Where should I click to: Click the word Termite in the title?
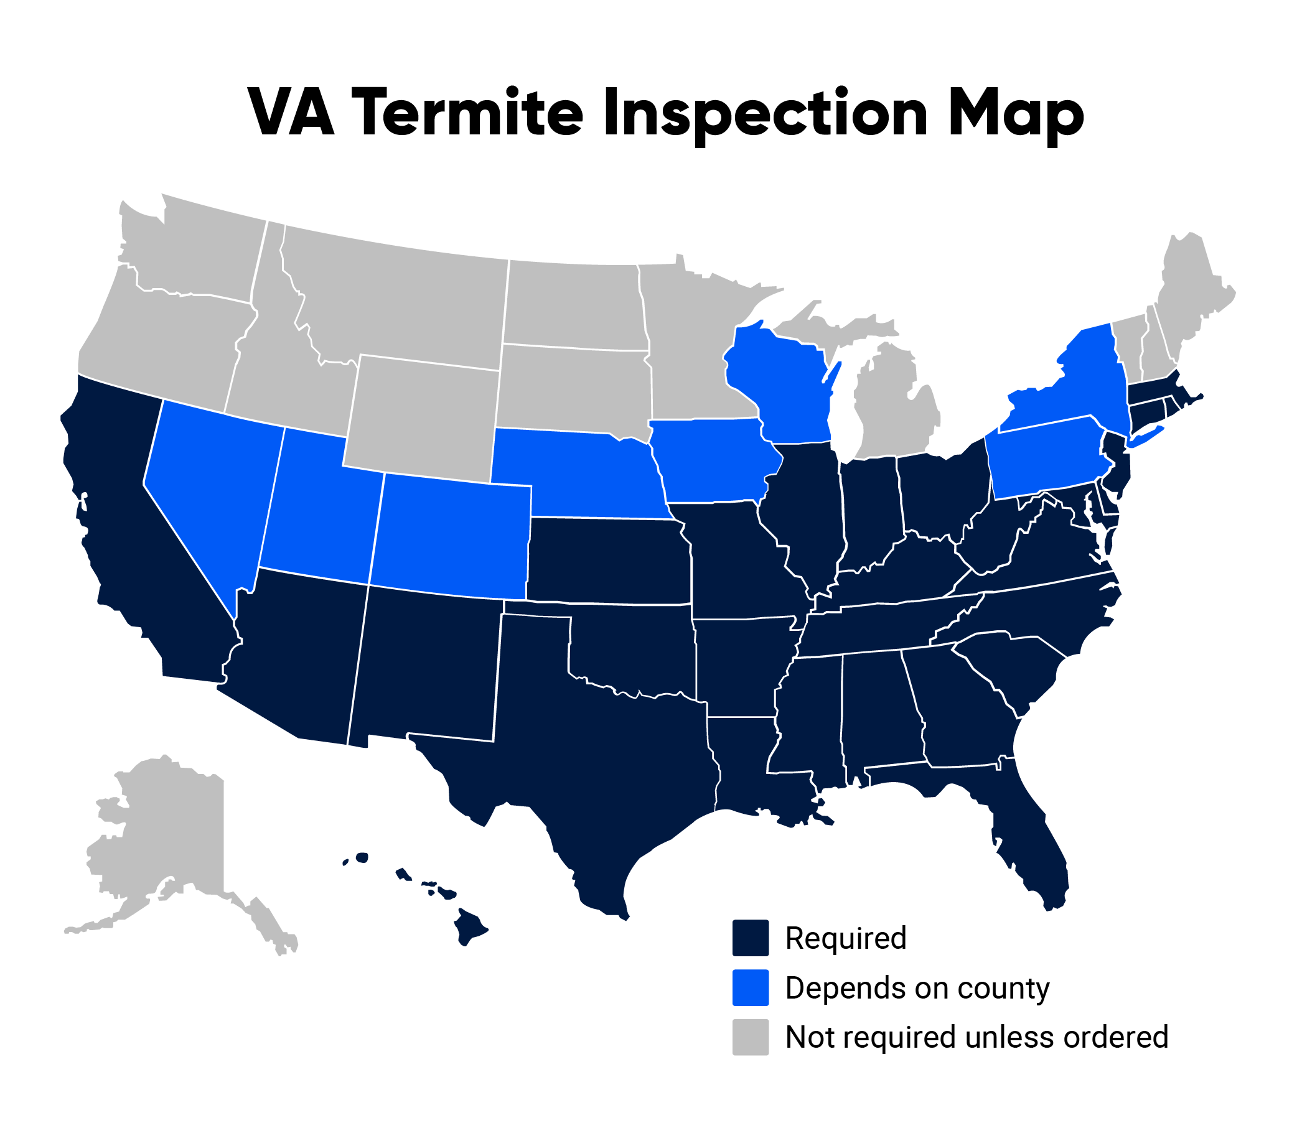(x=471, y=113)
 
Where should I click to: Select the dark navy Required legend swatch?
(x=751, y=938)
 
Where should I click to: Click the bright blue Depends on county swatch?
(x=751, y=987)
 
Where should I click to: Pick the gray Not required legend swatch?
(x=751, y=1037)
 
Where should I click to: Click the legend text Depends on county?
(x=917, y=988)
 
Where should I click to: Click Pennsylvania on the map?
(x=1044, y=460)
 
